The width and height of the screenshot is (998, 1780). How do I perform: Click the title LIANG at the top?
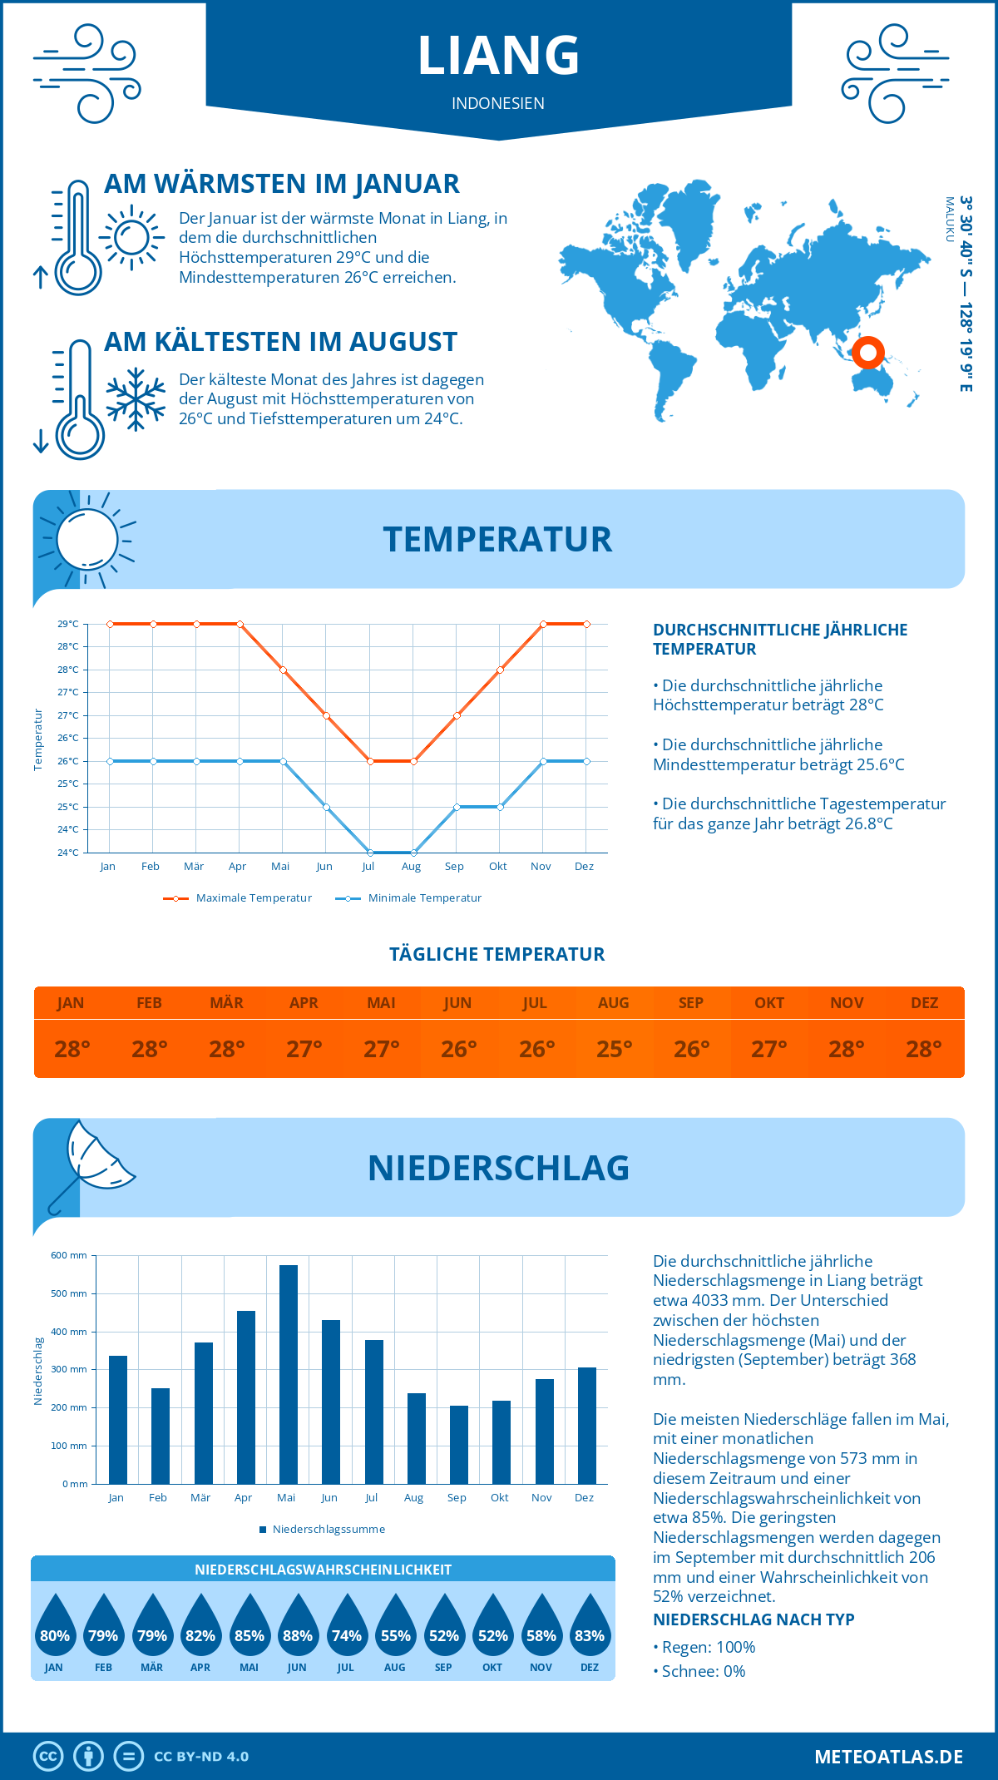[x=498, y=56]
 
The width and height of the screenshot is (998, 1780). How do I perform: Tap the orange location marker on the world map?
[x=867, y=353]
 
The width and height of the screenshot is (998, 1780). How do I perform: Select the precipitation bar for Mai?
[x=288, y=1374]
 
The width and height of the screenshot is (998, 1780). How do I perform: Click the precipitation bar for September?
[x=458, y=1444]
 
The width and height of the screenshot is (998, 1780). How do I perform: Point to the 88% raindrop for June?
[x=297, y=1626]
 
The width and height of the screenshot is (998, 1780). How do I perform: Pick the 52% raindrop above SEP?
[x=443, y=1626]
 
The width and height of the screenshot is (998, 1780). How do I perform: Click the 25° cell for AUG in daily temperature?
[x=614, y=1049]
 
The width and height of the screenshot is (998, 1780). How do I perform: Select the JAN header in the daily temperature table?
[x=71, y=1003]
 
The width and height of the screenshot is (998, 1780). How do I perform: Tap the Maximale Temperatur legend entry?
[x=238, y=898]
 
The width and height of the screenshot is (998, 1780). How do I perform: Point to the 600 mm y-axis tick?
[x=69, y=1255]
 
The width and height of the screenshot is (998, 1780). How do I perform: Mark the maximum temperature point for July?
[x=370, y=761]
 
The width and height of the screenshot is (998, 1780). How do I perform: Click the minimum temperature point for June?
[x=326, y=807]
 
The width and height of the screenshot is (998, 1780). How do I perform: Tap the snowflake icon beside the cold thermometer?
[x=136, y=399]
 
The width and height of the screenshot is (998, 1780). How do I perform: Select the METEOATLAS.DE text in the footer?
[x=888, y=1757]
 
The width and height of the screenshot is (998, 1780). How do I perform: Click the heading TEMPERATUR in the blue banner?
[x=497, y=539]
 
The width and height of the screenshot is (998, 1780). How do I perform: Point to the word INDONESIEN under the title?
[x=498, y=103]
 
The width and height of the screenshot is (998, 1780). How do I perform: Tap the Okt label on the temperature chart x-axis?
[x=497, y=867]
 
